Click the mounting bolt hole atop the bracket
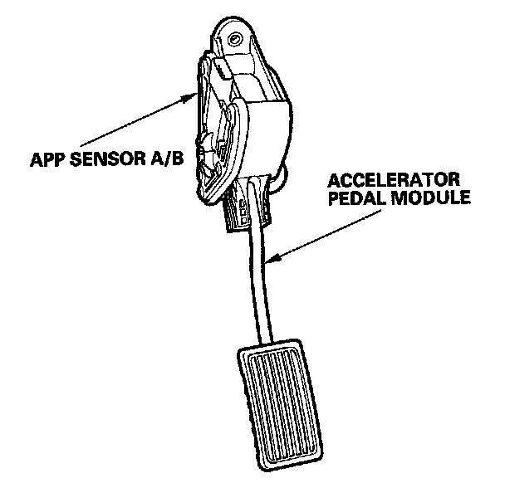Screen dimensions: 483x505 point(237,39)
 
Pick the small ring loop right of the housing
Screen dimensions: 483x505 point(282,178)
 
